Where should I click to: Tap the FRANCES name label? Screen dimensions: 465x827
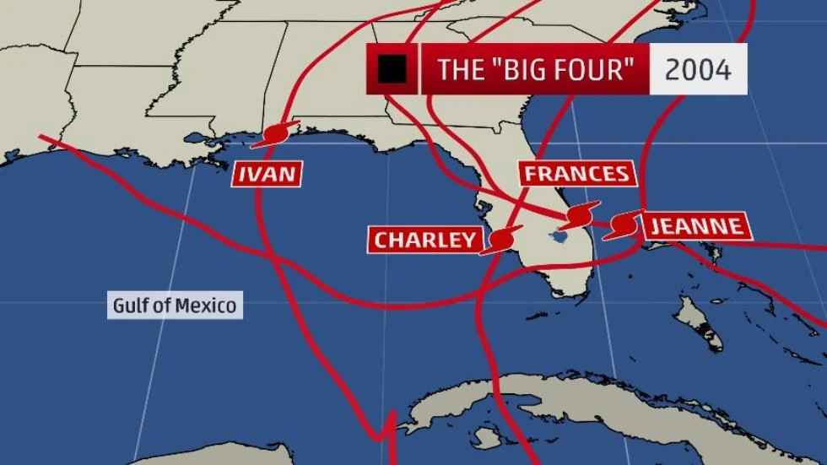tap(576, 174)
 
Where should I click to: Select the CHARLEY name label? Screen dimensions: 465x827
tap(425, 240)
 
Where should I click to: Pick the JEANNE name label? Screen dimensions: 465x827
tap(695, 225)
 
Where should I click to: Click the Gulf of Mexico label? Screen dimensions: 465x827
tap(176, 305)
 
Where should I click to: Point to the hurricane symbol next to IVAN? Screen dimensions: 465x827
tap(276, 135)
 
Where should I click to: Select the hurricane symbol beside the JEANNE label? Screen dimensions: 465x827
tap(624, 224)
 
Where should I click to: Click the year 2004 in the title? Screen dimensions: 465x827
tap(698, 69)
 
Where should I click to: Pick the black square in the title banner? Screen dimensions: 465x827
tap(392, 69)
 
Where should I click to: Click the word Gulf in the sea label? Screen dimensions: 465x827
tap(130, 305)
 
